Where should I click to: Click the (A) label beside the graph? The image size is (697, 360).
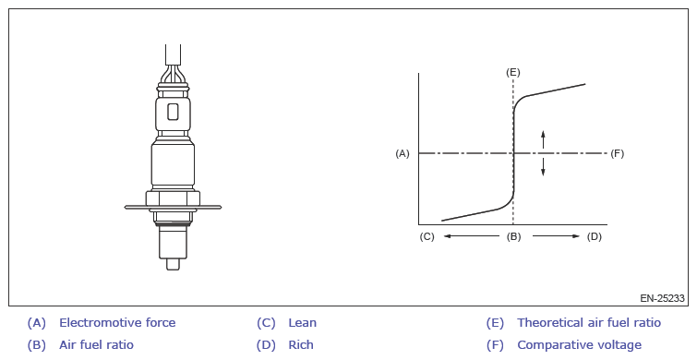[x=403, y=154]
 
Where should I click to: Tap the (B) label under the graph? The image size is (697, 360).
[x=513, y=236]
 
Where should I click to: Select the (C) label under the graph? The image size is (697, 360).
[x=427, y=236]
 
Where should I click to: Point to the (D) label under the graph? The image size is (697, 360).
[x=595, y=236]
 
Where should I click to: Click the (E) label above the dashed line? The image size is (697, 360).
[x=513, y=72]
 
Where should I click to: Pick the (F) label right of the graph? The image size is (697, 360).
[x=617, y=154]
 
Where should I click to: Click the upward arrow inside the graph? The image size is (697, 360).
[x=543, y=139]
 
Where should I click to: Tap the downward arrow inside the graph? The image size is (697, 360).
[x=543, y=167]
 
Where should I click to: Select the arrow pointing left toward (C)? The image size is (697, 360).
[x=471, y=236]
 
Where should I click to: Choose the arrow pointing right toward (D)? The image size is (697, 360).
[x=556, y=236]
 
